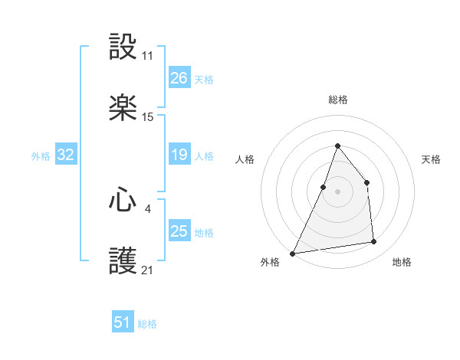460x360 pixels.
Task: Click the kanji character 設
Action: point(123,48)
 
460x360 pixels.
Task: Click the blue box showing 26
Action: point(179,77)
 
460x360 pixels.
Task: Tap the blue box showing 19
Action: point(179,155)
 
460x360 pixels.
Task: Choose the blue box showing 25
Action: point(179,231)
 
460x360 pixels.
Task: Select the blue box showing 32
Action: point(66,155)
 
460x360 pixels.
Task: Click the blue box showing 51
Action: point(123,322)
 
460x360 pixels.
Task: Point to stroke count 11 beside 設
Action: point(148,57)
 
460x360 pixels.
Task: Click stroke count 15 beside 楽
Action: point(148,117)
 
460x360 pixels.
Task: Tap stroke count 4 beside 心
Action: point(148,207)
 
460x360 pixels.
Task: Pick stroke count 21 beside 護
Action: point(148,270)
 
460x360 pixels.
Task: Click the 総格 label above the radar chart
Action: point(337,100)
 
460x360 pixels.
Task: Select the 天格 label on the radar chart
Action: point(431,159)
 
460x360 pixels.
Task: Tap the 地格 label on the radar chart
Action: point(402,262)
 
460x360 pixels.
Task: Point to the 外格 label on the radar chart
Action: point(270,262)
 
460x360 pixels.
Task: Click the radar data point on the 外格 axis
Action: point(292,253)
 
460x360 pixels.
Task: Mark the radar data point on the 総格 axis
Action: point(337,146)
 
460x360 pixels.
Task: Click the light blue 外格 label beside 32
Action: point(41,155)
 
